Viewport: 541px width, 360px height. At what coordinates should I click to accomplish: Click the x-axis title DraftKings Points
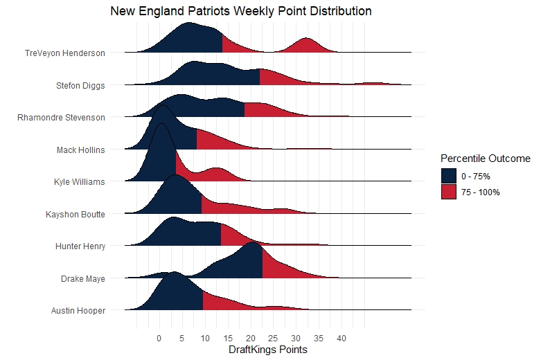tap(267, 350)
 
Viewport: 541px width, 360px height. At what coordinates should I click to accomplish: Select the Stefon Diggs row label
tap(80, 86)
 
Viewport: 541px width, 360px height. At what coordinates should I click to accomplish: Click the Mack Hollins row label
tap(81, 150)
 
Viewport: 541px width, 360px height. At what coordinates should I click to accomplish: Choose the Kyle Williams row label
tap(79, 182)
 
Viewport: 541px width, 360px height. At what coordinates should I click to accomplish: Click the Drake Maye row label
tap(82, 279)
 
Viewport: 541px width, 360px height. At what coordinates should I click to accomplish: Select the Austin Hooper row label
tap(78, 311)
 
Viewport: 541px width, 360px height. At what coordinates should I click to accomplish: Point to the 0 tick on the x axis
tap(159, 339)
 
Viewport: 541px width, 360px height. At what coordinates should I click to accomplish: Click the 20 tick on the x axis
tap(250, 339)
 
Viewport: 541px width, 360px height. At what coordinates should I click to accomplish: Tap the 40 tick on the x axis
tap(341, 339)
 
